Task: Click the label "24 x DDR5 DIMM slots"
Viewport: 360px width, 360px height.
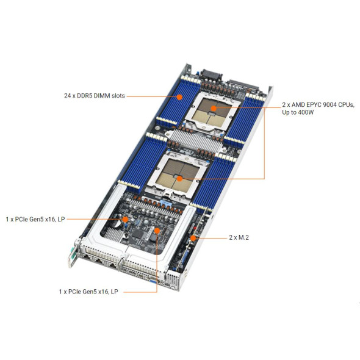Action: coord(95,96)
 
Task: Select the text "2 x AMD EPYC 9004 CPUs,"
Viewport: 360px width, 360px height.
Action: coord(319,105)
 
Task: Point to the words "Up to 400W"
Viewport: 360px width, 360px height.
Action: coord(298,112)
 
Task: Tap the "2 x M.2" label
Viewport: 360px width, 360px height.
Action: coord(239,237)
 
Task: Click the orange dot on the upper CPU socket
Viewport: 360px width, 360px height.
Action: coord(214,109)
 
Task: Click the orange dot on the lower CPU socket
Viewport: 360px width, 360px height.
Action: coord(179,179)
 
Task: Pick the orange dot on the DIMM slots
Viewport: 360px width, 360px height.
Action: coord(179,97)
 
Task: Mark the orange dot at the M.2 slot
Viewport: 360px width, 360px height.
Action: coord(193,238)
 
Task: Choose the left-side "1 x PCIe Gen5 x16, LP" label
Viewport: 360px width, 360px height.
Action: coord(35,219)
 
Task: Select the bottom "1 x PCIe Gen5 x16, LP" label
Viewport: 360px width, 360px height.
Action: coord(88,292)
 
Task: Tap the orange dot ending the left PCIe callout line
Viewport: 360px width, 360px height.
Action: coord(125,219)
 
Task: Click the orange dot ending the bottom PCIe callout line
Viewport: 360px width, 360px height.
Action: coord(157,230)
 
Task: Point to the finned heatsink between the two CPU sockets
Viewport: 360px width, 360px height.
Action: coord(195,140)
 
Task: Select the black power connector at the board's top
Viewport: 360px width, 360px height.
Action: coord(211,75)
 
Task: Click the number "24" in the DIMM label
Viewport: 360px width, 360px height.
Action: coord(67,96)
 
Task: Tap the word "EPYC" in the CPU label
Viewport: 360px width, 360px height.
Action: coord(314,105)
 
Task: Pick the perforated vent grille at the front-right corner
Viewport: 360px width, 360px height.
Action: coord(173,279)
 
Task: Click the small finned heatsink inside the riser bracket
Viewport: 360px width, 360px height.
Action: coord(113,234)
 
